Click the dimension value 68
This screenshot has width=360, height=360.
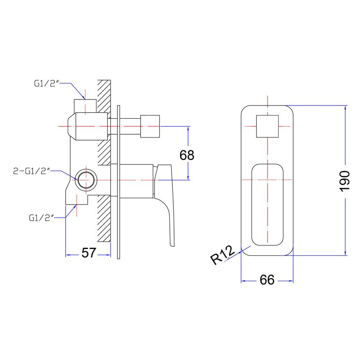187,155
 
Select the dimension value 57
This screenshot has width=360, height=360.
89,253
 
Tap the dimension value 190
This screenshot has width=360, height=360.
344,181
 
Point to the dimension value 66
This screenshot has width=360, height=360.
267,280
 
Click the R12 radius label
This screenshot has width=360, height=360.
222,255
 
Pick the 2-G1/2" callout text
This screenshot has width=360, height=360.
32,171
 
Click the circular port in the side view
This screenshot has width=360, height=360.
86,180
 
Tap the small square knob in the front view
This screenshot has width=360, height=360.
267,126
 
